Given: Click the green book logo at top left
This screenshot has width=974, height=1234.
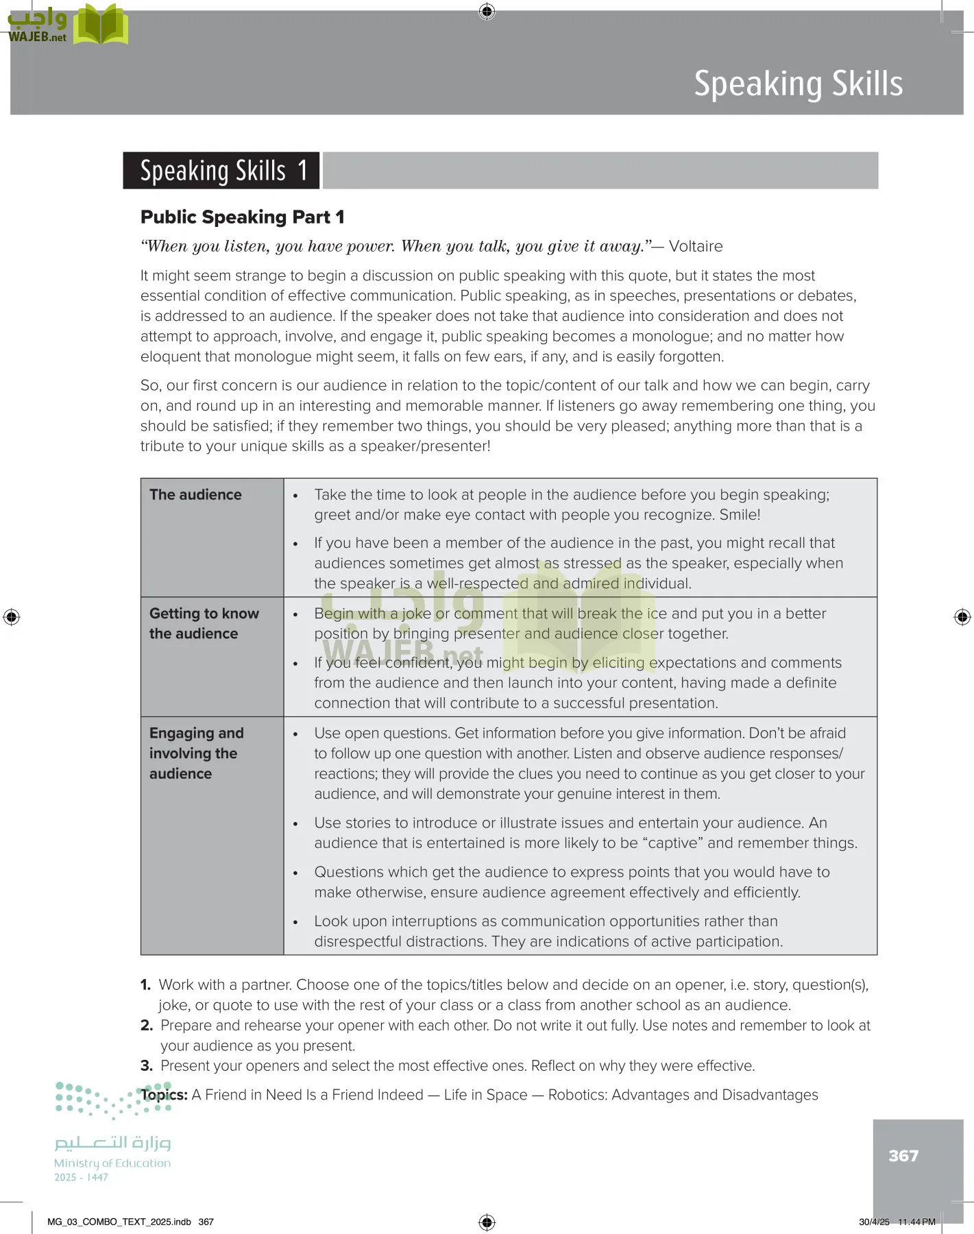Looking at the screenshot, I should [101, 25].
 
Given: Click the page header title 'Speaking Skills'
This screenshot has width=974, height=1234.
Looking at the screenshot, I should [798, 84].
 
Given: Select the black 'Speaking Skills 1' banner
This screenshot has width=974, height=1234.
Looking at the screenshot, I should [221, 171].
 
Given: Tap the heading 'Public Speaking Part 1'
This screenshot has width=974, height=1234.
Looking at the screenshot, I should [242, 217].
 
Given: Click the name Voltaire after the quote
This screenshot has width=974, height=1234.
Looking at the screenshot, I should [695, 247].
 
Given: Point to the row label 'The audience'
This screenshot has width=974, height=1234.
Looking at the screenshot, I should [195, 495].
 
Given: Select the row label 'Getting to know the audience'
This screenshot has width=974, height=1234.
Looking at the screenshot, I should [204, 623].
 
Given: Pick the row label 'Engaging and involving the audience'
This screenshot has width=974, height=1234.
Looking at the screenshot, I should [196, 753].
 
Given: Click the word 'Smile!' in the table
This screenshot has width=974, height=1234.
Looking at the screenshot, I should [740, 515].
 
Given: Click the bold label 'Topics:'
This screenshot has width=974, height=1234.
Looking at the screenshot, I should [165, 1095].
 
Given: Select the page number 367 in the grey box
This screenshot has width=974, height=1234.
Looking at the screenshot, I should [903, 1156].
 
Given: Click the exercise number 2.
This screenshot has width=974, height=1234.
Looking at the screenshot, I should [146, 1026].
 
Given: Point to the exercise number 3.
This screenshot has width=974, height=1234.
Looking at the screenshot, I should [146, 1066].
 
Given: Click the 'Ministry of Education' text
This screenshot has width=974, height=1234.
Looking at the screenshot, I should [112, 1163].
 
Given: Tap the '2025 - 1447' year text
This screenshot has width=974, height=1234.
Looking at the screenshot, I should [81, 1177].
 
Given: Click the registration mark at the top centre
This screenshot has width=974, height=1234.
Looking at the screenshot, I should [487, 11].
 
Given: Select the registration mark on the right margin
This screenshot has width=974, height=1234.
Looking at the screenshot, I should [962, 617].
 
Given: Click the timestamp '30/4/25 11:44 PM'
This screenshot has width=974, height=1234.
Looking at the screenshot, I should [897, 1222].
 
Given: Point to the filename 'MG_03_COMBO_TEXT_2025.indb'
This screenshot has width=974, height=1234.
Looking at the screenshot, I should [119, 1222].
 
